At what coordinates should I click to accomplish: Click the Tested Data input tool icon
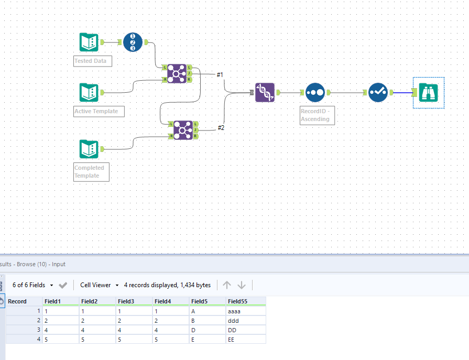click(89, 42)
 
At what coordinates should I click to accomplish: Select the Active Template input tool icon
click(89, 93)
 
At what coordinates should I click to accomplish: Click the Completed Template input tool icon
click(89, 149)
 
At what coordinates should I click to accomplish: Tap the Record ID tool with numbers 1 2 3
click(133, 42)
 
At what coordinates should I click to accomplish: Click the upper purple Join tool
click(177, 73)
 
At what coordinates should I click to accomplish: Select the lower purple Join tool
click(183, 129)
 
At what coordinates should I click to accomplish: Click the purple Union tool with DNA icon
click(265, 93)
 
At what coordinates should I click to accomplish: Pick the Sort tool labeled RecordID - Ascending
click(315, 93)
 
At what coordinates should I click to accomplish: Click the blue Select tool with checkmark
click(378, 93)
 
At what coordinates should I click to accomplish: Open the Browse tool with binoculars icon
click(429, 93)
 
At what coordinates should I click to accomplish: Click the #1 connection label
click(220, 75)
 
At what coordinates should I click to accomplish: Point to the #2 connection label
click(221, 128)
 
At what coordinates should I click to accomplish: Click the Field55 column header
click(237, 301)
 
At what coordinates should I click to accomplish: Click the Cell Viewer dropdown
click(99, 285)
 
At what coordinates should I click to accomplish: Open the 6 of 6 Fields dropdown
click(33, 285)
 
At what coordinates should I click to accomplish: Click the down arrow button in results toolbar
click(242, 285)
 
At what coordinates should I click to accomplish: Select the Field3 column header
click(126, 301)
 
